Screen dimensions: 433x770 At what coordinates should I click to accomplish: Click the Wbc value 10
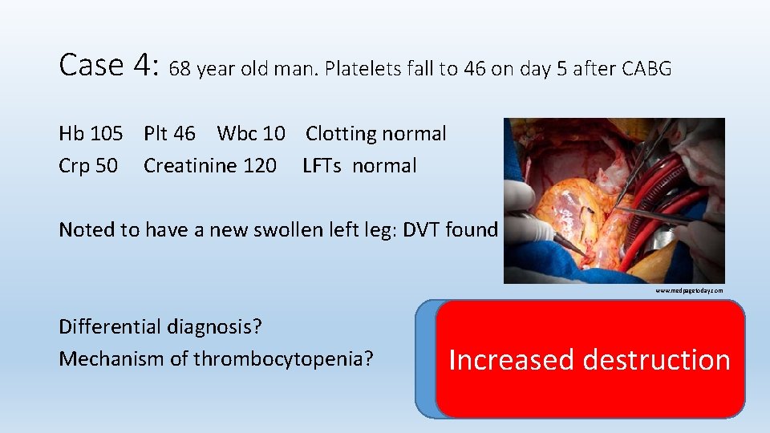pyautogui.click(x=274, y=134)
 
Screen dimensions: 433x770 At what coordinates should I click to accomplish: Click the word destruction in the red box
pyautogui.click(x=658, y=360)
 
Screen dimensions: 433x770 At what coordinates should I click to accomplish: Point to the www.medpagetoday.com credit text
pyautogui.click(x=689, y=290)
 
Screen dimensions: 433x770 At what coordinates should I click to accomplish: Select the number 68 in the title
pyautogui.click(x=180, y=69)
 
